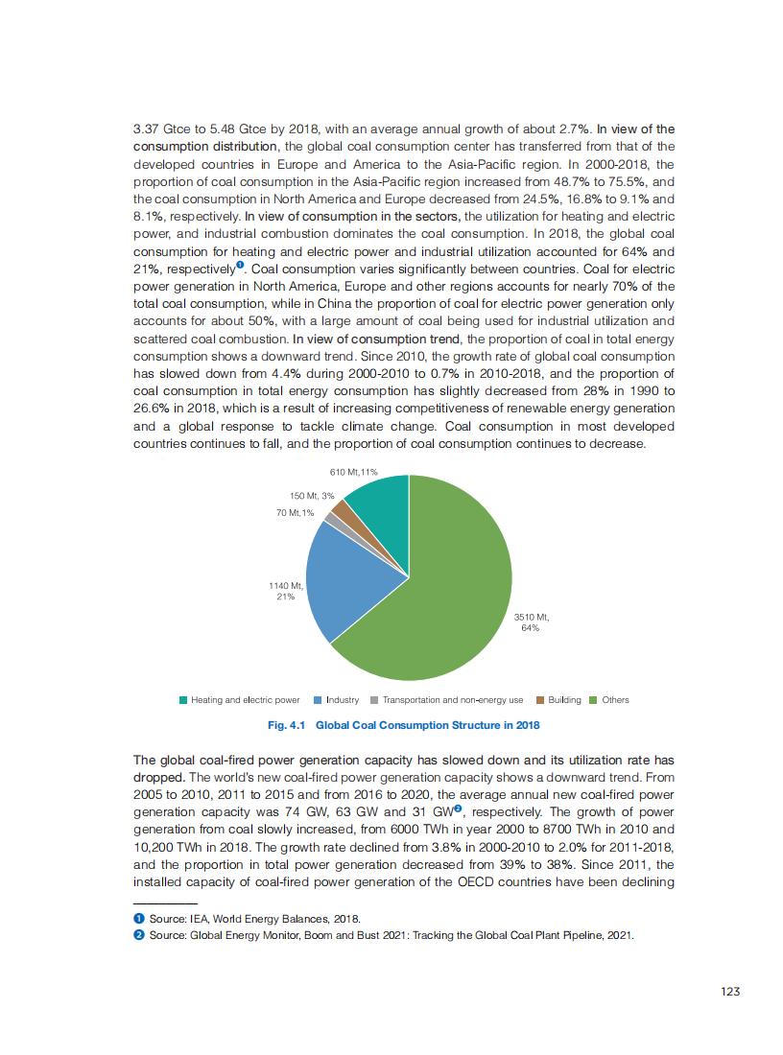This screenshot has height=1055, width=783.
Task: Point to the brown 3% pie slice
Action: click(341, 509)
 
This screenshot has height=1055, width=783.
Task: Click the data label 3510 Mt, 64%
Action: click(530, 622)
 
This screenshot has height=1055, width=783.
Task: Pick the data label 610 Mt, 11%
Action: click(354, 473)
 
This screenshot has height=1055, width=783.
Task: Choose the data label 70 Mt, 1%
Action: click(295, 513)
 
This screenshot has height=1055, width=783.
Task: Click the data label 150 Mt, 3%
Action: click(312, 496)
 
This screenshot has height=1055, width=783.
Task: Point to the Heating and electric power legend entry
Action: click(240, 700)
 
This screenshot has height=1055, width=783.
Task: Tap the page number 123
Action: click(730, 992)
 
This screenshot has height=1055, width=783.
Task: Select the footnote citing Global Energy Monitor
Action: click(384, 934)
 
